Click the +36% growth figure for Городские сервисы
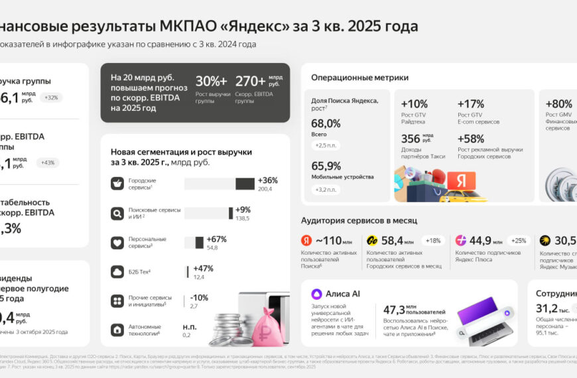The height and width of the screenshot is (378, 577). coord(268,180)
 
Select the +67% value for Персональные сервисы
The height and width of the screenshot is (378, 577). coord(217,239)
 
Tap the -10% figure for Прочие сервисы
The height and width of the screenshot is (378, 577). coord(199,297)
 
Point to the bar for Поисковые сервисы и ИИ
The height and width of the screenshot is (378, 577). coord(208,213)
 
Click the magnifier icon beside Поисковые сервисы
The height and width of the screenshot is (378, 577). coord(117,213)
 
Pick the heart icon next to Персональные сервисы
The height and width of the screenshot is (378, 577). coord(117,242)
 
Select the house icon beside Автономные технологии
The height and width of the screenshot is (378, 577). coord(117,330)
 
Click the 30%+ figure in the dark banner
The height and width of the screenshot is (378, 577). coord(212,81)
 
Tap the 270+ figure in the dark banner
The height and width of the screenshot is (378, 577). coord(251,81)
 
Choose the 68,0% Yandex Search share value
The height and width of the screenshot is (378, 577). coord(326,123)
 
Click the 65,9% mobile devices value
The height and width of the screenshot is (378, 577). coord(326,166)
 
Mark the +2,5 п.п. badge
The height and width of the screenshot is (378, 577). coord(326,145)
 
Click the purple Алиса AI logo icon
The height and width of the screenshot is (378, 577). coord(316,294)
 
